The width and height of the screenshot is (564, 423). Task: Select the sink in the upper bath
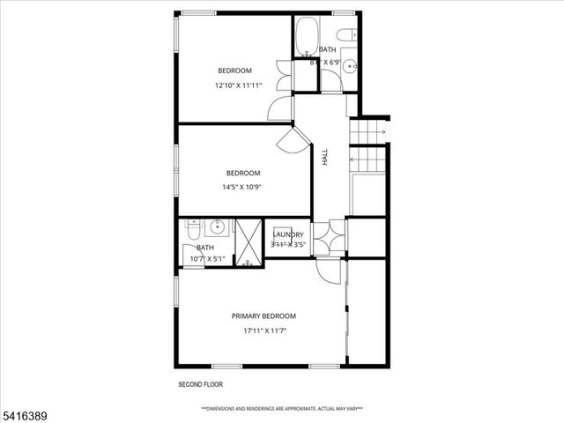(x=349, y=64)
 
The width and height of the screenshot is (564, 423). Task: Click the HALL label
(x=325, y=156)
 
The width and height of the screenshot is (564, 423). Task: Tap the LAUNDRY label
(x=288, y=234)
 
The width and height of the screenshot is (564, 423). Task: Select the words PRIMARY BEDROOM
(x=263, y=316)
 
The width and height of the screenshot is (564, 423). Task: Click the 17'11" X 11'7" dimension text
(x=265, y=331)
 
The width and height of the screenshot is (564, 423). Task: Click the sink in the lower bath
(x=217, y=228)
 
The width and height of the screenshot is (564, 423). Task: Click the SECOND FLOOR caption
(x=201, y=385)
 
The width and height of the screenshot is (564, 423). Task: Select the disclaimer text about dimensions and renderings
(x=282, y=409)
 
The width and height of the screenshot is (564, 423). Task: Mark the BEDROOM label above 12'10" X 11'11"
(x=235, y=70)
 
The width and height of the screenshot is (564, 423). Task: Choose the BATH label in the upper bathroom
(x=327, y=49)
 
